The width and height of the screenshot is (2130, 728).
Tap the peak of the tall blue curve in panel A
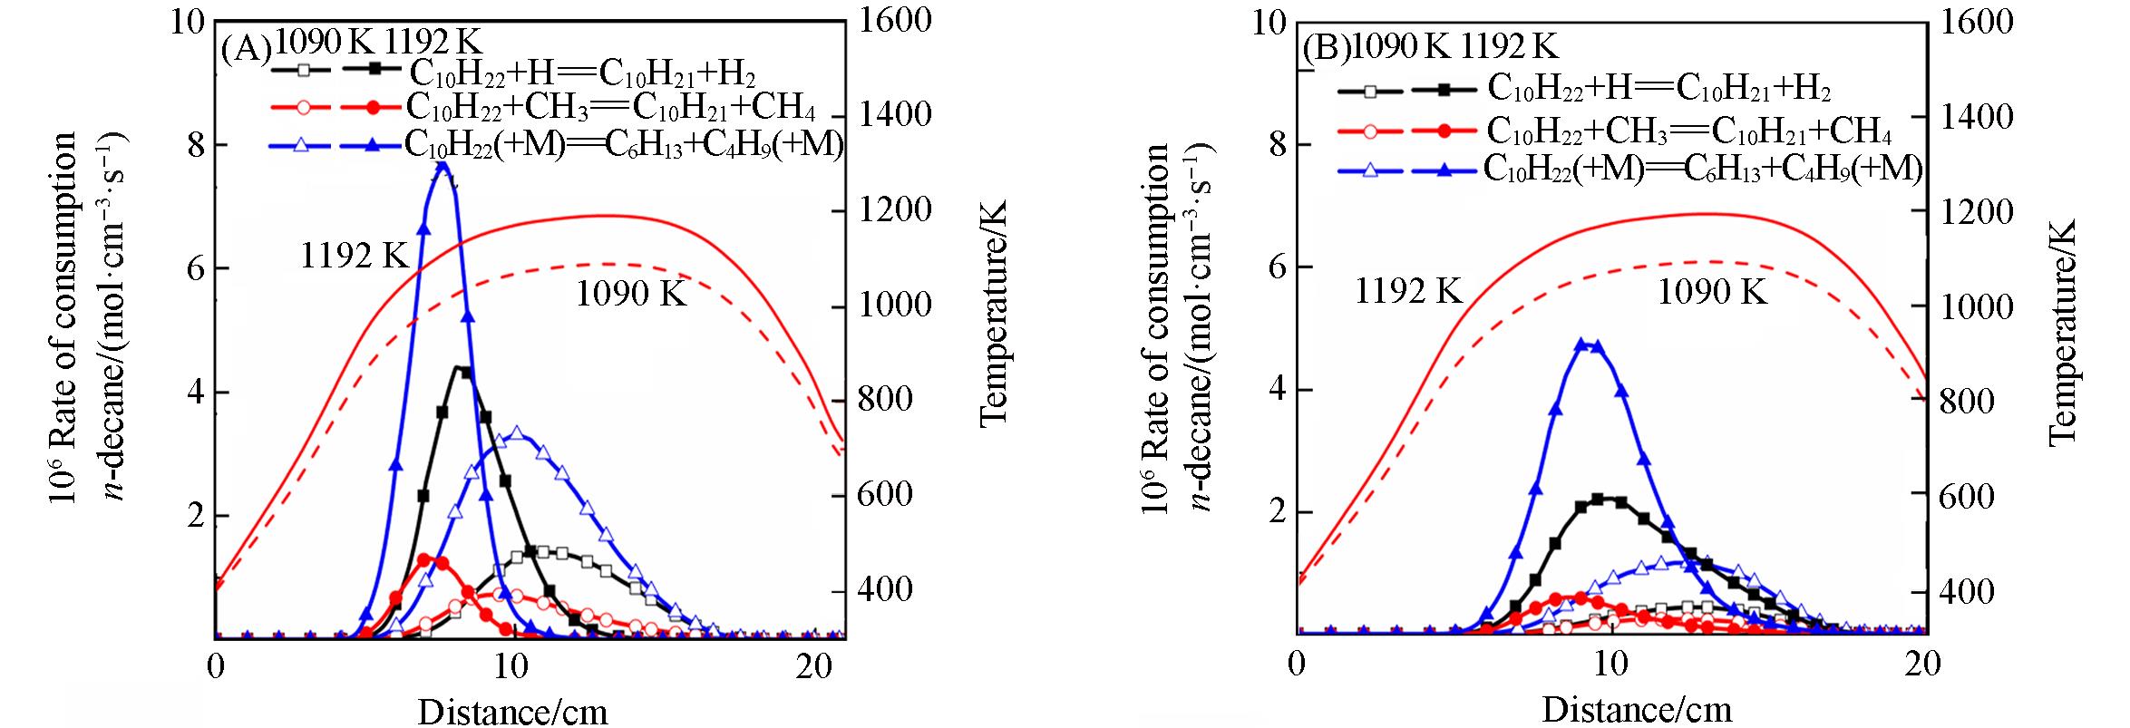pos(443,165)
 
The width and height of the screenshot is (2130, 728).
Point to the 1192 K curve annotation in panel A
pos(355,257)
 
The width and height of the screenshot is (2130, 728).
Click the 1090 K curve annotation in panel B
pos(1712,292)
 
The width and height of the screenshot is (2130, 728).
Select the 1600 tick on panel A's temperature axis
pos(888,20)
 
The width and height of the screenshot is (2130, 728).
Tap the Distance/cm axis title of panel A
pos(512,710)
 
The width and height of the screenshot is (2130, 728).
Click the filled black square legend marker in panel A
pos(374,69)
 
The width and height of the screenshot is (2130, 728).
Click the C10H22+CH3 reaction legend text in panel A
pos(610,107)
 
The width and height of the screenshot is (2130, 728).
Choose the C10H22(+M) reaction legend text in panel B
pos(1702,170)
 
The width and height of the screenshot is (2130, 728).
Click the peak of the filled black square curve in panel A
pos(462,371)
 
